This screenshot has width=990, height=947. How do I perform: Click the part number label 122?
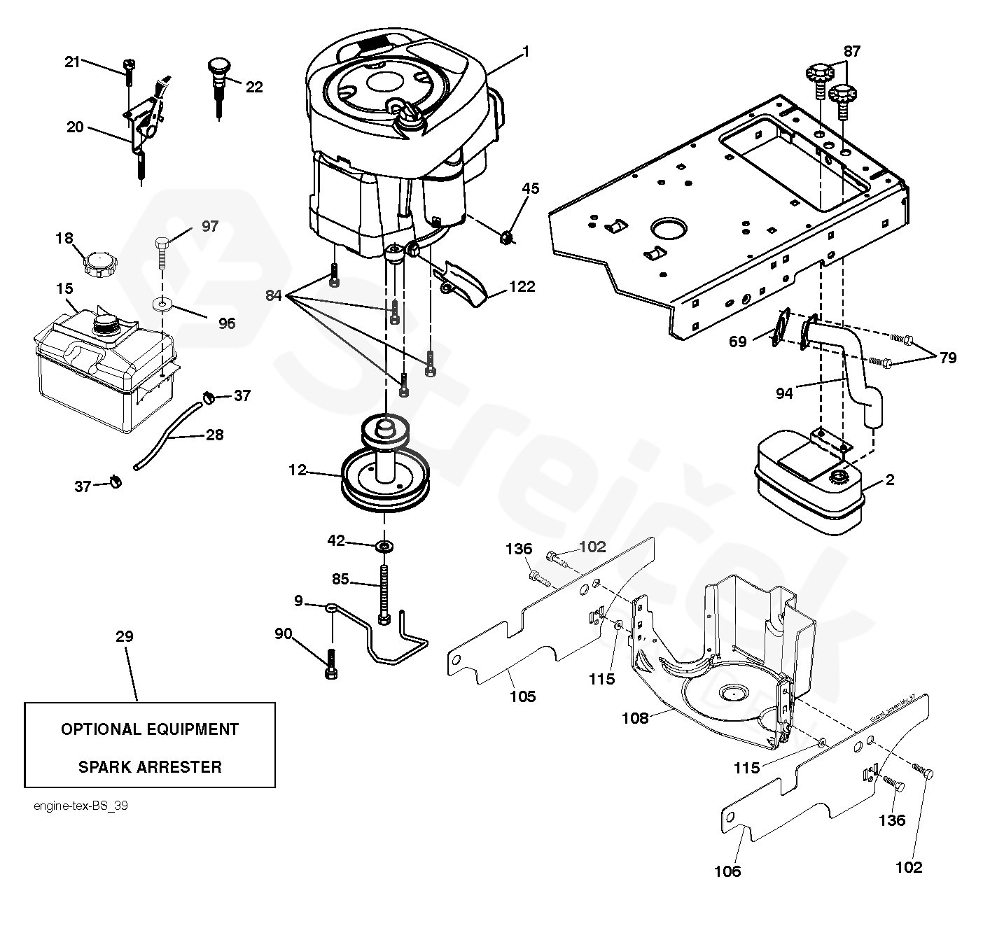tap(522, 286)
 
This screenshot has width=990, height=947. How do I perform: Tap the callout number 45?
tap(531, 188)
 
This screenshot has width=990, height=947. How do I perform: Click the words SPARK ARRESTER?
tap(150, 766)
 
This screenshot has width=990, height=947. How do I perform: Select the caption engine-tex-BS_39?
tap(81, 806)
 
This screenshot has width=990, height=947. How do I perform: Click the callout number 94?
tap(784, 393)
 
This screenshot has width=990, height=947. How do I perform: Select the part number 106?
tap(727, 871)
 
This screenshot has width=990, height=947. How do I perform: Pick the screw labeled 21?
tap(130, 71)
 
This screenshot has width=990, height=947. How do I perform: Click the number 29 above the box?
tap(125, 636)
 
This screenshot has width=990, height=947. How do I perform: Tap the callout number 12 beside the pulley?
tap(298, 470)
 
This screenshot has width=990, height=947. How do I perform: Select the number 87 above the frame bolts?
tap(851, 50)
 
